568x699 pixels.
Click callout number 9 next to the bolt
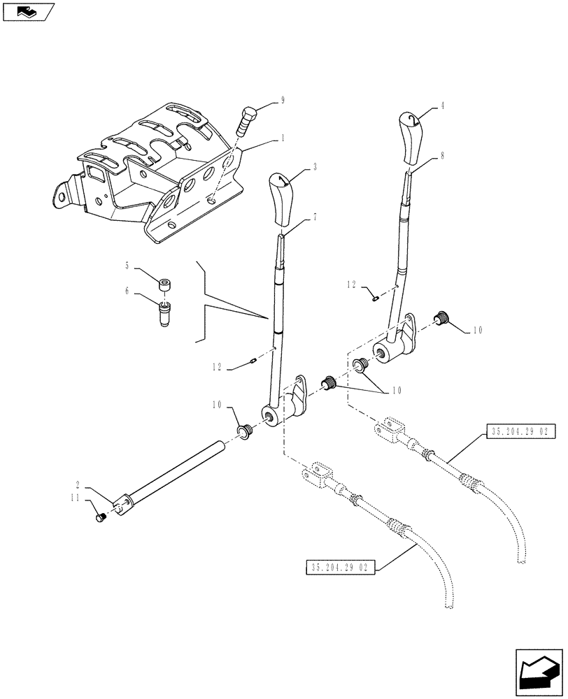click(x=283, y=101)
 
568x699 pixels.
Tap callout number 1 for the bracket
click(x=283, y=139)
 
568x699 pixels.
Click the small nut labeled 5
click(x=165, y=285)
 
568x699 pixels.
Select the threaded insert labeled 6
click(x=166, y=314)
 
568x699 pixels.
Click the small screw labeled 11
click(x=99, y=517)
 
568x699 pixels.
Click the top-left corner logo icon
click(x=28, y=11)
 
